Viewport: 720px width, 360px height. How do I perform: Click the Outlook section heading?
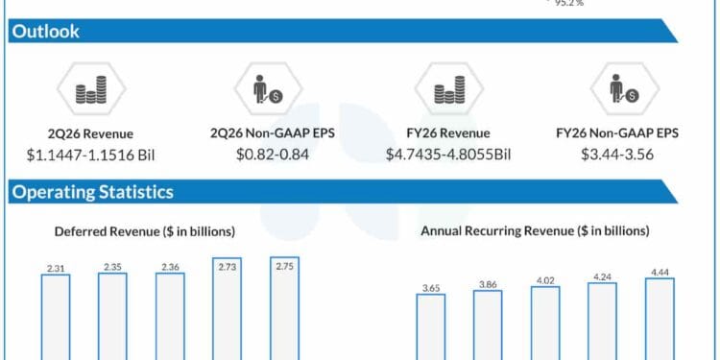pyautogui.click(x=45, y=32)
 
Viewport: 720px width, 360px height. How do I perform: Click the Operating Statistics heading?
pyautogui.click(x=92, y=192)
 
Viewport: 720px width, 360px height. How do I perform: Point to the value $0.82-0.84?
pyautogui.click(x=272, y=154)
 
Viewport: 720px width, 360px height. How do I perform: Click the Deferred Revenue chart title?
pyautogui.click(x=144, y=231)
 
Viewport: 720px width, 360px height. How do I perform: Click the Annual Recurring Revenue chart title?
pyautogui.click(x=535, y=231)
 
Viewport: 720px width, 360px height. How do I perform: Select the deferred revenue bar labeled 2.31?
pyautogui.click(x=56, y=317)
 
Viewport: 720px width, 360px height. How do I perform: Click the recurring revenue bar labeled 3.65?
pyautogui.click(x=430, y=326)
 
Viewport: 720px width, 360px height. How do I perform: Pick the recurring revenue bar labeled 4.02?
pyautogui.click(x=545, y=323)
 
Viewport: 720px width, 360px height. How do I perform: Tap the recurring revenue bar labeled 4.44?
pyautogui.click(x=660, y=319)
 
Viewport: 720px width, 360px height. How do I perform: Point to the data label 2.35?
pyautogui.click(x=112, y=266)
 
